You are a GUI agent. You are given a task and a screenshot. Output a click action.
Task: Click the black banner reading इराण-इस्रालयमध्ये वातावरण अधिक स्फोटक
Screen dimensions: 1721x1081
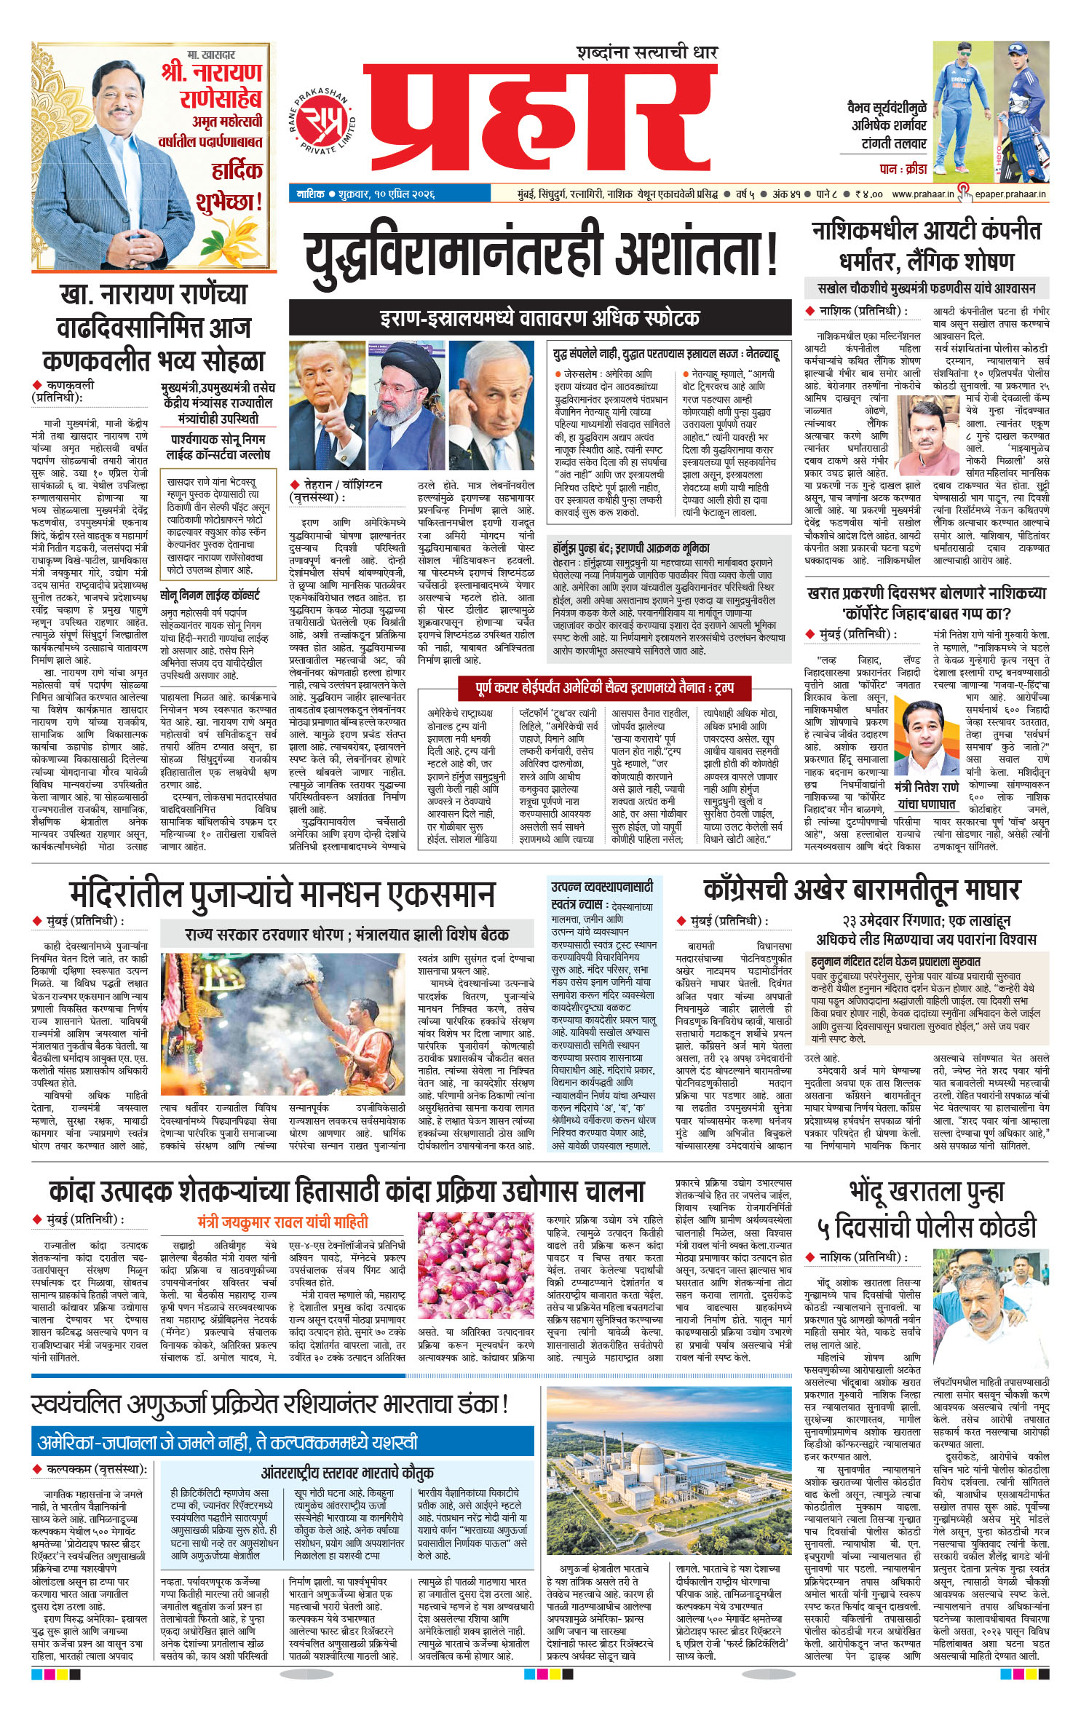539,317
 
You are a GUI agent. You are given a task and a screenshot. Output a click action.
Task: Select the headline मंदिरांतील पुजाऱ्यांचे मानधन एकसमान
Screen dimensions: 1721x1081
282,894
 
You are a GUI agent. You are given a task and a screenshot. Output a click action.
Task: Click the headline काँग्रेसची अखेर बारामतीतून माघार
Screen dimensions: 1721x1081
861,890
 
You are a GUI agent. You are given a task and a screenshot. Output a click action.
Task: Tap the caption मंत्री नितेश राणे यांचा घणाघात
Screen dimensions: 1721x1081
927,795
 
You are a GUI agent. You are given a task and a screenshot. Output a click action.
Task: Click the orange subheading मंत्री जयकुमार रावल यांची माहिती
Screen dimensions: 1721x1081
282,1221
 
